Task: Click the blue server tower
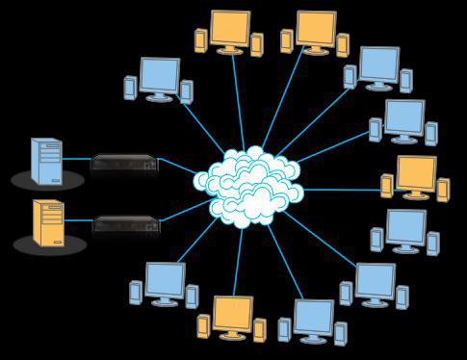45,160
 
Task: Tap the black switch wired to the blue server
124,164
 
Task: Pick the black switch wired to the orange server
125,225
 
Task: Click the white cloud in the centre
250,187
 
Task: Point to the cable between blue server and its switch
77,159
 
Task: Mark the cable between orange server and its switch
78,220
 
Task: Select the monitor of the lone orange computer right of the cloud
416,172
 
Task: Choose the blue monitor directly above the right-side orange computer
404,116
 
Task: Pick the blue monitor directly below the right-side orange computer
405,227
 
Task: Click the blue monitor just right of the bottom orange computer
313,316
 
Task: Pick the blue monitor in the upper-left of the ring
159,74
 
